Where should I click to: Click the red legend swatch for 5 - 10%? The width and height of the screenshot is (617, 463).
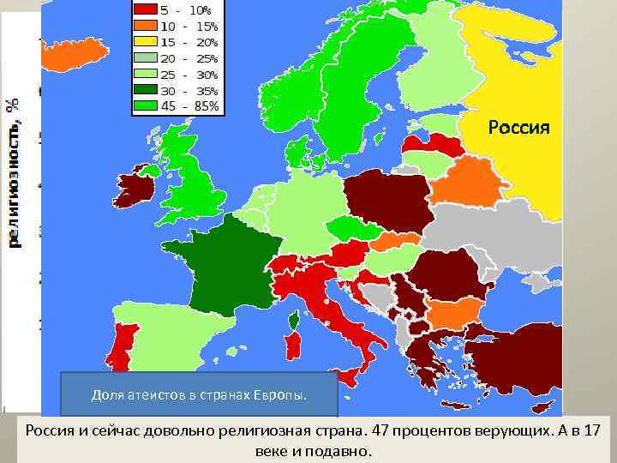[x=143, y=10]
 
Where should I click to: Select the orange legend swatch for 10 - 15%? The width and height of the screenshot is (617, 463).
[x=143, y=27]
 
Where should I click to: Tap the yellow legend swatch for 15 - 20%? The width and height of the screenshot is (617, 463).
[x=143, y=42]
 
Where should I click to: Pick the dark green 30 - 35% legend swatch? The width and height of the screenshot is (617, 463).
[x=143, y=91]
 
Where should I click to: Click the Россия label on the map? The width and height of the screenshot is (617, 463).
[x=518, y=128]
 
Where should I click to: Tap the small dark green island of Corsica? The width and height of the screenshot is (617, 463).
[x=293, y=321]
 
